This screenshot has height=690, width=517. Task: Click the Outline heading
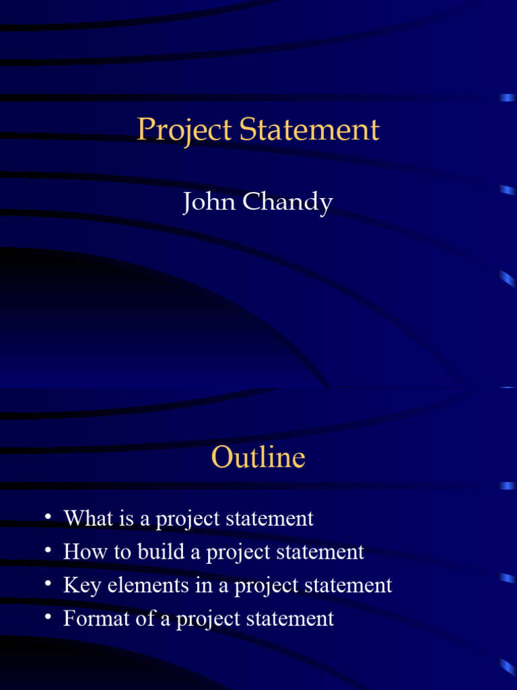tap(258, 458)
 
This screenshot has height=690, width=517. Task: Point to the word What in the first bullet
tap(83, 518)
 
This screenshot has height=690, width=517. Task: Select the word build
tap(160, 552)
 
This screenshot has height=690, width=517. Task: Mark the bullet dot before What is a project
tap(48, 517)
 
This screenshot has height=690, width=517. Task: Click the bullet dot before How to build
tap(48, 551)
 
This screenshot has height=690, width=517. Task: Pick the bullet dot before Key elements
tap(48, 584)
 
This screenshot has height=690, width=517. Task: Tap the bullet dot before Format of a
tap(48, 617)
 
